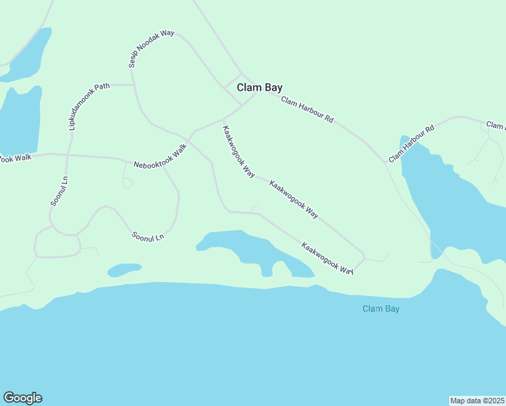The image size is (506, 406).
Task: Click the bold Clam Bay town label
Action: (259, 87)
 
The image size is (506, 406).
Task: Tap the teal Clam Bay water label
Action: (380, 309)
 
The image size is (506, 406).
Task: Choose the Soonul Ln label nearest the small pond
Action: (148, 236)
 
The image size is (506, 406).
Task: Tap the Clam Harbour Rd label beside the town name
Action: (307, 110)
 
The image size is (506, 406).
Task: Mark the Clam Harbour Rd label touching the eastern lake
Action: (411, 143)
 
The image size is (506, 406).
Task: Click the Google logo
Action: (22, 398)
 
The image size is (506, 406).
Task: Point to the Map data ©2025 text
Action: (478, 401)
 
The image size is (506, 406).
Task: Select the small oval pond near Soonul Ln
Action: (124, 270)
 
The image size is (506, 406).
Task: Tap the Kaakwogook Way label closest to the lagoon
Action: (327, 258)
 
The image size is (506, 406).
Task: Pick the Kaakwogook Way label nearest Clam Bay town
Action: (238, 152)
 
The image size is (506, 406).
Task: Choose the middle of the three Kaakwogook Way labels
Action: (294, 198)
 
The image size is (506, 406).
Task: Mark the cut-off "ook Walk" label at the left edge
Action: (15, 158)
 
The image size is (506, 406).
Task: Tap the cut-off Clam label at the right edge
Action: (496, 125)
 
